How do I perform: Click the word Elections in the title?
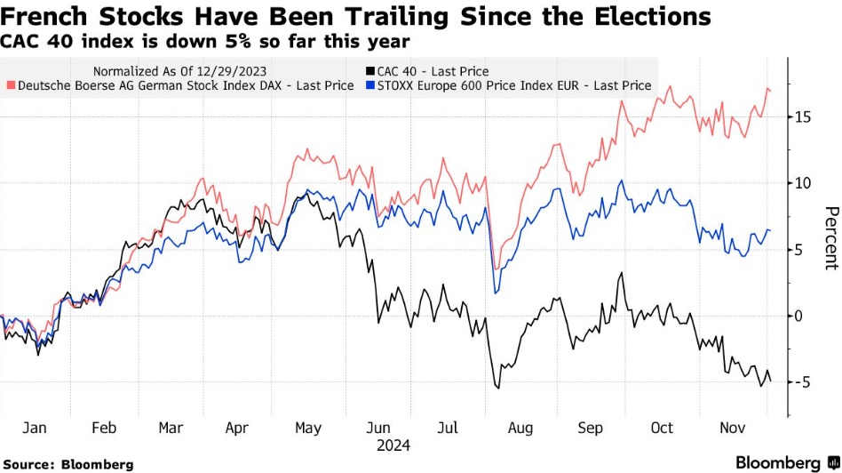[639, 16]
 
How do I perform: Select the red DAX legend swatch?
[12, 86]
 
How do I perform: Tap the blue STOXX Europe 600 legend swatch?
[369, 86]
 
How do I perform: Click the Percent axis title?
[831, 237]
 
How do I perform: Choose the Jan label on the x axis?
[34, 429]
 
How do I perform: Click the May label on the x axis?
[307, 429]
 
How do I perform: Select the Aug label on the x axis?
[520, 429]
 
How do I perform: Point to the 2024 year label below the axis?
[393, 445]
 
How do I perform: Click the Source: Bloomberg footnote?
[68, 464]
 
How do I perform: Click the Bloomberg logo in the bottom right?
[786, 463]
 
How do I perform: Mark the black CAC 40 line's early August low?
[498, 389]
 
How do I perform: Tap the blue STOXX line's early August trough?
[496, 293]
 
